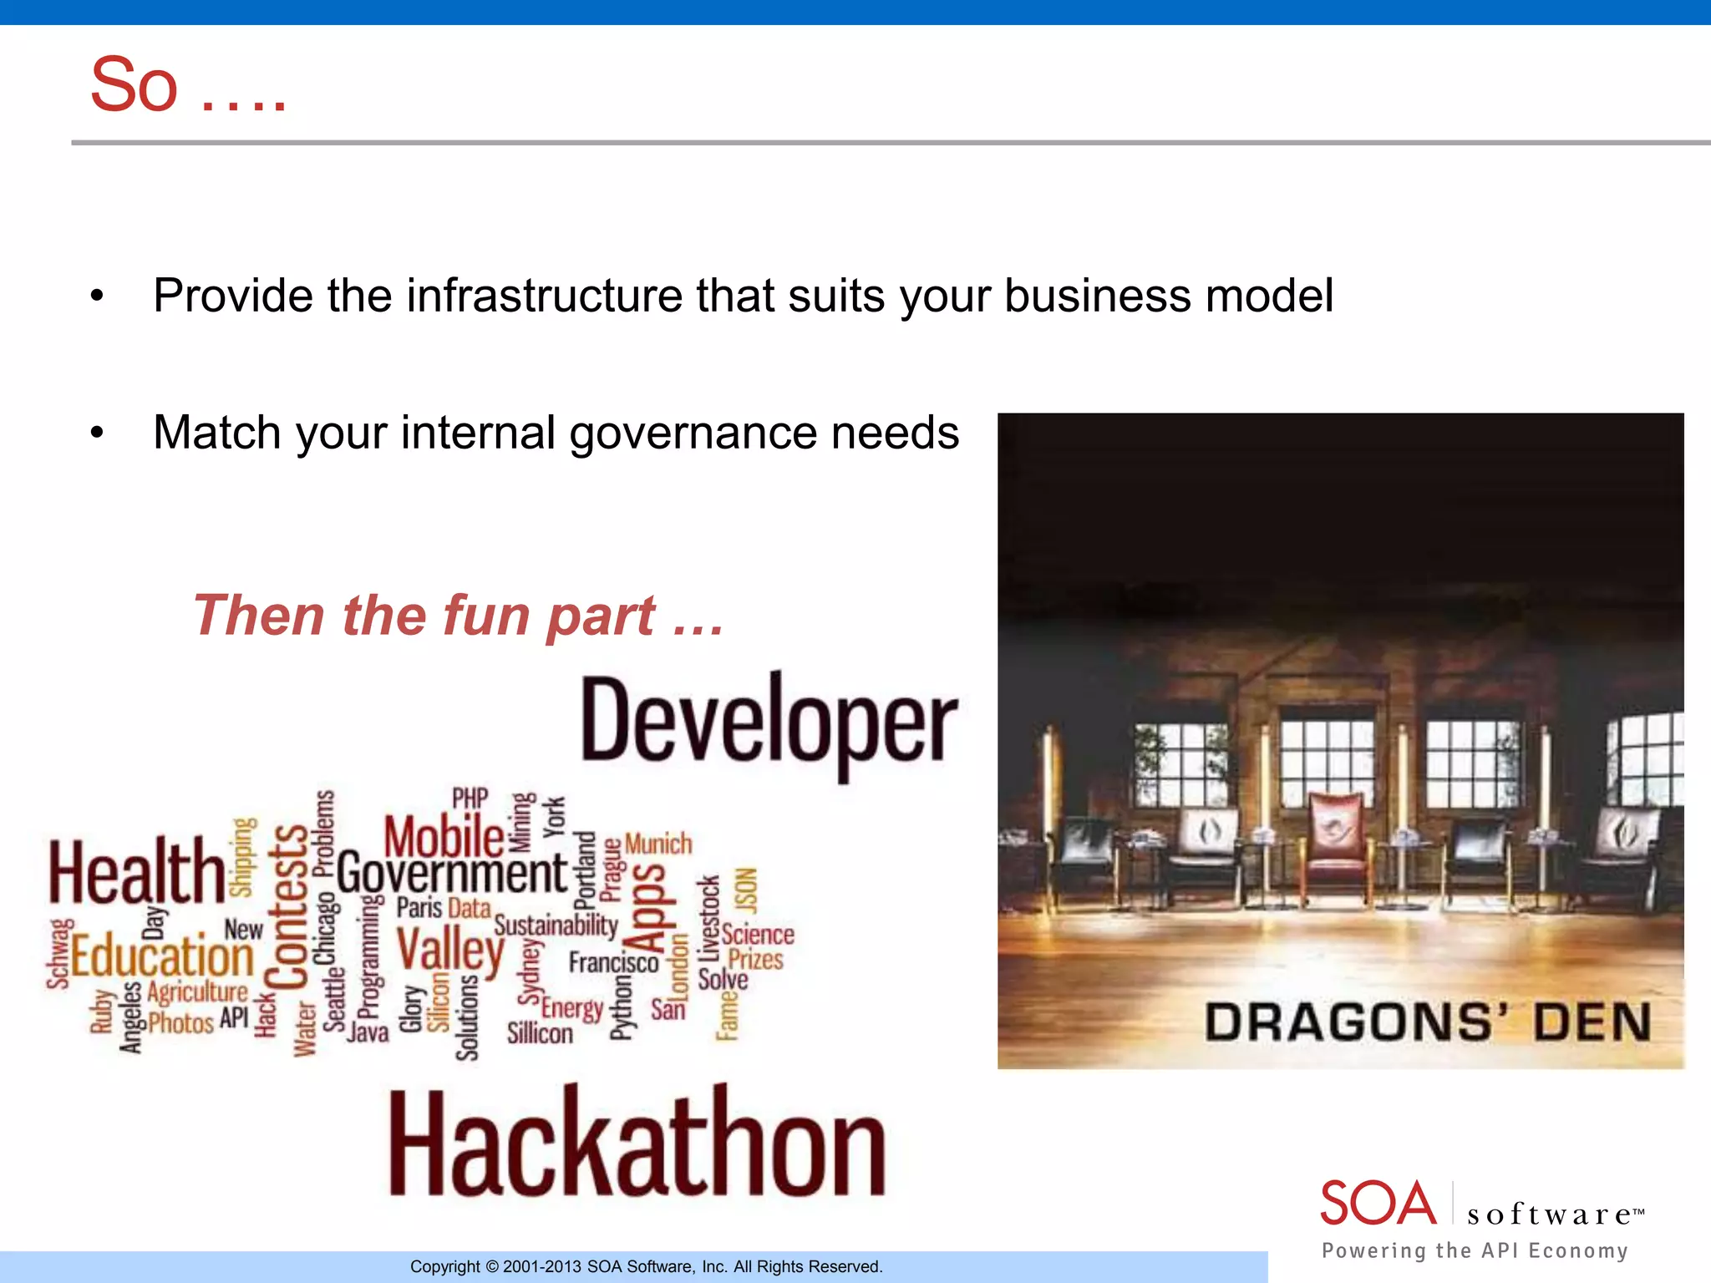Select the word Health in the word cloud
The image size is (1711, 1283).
point(136,872)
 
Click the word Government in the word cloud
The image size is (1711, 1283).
point(452,874)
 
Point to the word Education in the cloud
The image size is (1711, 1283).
point(162,957)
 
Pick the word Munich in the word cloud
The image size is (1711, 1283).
point(658,844)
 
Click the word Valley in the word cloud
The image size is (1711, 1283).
point(450,951)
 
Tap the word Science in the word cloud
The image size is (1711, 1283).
point(758,934)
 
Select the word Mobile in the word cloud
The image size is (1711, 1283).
point(444,835)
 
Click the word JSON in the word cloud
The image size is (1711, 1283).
point(745,890)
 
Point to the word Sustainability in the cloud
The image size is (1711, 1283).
point(556,925)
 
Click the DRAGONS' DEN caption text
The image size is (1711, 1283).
point(1427,1022)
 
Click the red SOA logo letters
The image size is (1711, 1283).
point(1378,1204)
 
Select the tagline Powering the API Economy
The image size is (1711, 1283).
point(1475,1250)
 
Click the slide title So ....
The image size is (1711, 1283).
point(134,85)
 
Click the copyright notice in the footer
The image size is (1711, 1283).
point(646,1266)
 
